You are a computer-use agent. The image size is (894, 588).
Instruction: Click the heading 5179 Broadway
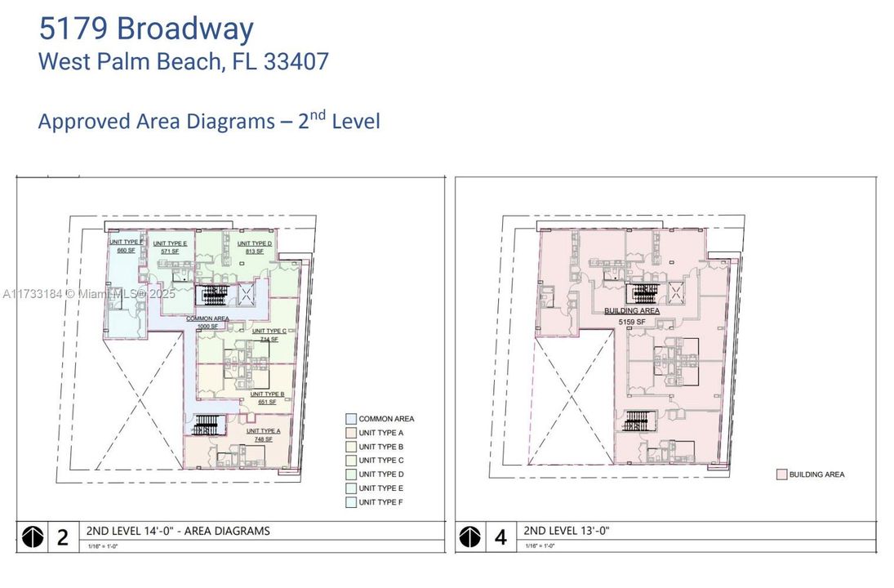tap(146, 29)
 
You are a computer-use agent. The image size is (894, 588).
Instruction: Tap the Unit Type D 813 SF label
tap(255, 247)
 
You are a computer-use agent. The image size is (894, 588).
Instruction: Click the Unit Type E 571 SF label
tap(170, 247)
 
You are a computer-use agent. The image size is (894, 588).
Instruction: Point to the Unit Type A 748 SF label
tap(263, 435)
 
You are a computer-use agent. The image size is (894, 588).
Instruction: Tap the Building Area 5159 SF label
tap(632, 316)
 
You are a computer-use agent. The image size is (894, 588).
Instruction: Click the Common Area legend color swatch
tap(350, 419)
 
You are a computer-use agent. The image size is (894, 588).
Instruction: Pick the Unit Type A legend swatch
tap(350, 433)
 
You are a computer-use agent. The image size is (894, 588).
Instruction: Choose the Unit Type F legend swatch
tap(350, 502)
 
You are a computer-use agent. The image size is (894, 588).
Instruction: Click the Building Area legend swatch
tap(780, 474)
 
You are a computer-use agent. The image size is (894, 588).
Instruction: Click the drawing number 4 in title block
tap(500, 537)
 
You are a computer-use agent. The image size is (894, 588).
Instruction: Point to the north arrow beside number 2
tap(33, 537)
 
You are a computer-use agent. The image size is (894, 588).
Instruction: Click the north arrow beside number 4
tap(470, 537)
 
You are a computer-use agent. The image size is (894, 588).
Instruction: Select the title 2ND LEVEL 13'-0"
tap(567, 531)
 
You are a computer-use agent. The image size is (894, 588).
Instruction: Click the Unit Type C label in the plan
tap(268, 335)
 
